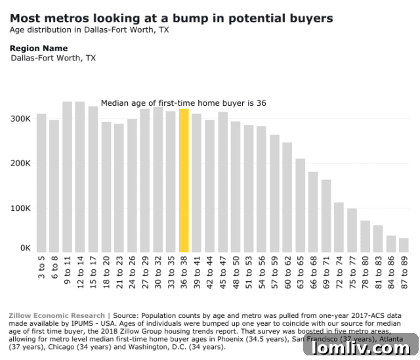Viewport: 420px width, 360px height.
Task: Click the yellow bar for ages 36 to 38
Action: [x=184, y=181]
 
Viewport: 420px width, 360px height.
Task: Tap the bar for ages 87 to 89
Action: [x=404, y=245]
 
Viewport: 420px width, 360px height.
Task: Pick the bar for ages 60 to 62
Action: [x=287, y=197]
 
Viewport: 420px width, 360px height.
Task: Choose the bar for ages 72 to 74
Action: [x=339, y=227]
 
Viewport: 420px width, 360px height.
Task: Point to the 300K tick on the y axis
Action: [x=20, y=119]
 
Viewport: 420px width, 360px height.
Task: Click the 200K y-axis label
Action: [x=20, y=164]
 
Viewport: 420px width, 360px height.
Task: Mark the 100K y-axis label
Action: [x=20, y=208]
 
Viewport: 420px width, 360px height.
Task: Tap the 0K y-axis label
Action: [x=24, y=248]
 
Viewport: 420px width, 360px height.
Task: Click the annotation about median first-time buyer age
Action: [x=183, y=103]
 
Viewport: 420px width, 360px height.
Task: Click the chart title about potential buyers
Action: [x=171, y=18]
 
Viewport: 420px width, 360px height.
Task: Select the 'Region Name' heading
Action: [x=39, y=49]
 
